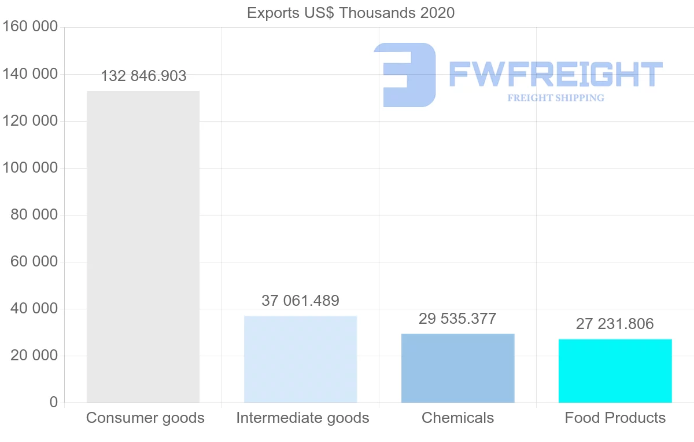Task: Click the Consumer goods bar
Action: pyautogui.click(x=143, y=246)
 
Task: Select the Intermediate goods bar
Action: pyautogui.click(x=300, y=359)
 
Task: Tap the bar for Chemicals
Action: pyautogui.click(x=457, y=368)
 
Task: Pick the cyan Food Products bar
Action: pyautogui.click(x=615, y=371)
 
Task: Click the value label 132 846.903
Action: pyautogui.click(x=143, y=76)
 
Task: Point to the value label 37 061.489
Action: pyautogui.click(x=300, y=301)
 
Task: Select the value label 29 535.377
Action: pyautogui.click(x=457, y=319)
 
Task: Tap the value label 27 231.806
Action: pyautogui.click(x=615, y=324)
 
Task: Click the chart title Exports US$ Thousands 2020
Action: pyautogui.click(x=350, y=13)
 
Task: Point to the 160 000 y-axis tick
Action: pyautogui.click(x=30, y=27)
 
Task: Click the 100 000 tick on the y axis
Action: pyautogui.click(x=30, y=168)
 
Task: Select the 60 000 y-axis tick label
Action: pyautogui.click(x=34, y=262)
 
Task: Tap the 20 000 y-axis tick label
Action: pyautogui.click(x=34, y=356)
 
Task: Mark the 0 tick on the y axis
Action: pyautogui.click(x=53, y=403)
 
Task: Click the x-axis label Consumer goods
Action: pyautogui.click(x=145, y=418)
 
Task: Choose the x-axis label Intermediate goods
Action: pyautogui.click(x=302, y=418)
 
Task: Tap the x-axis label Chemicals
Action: pyautogui.click(x=457, y=418)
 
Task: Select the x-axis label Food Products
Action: pyautogui.click(x=615, y=418)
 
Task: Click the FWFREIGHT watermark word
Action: pyautogui.click(x=555, y=74)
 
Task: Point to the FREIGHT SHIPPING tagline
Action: pyautogui.click(x=555, y=98)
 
